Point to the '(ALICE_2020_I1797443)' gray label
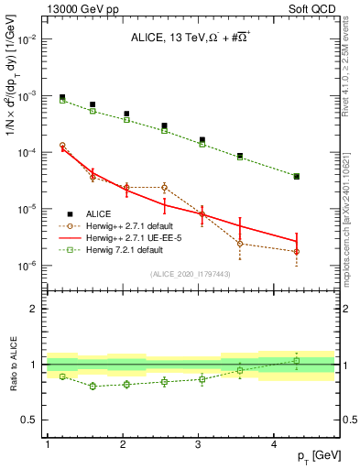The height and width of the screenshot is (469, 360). coord(190,274)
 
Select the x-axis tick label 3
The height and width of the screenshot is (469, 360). coord(199,443)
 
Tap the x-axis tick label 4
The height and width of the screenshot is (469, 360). coord(274,443)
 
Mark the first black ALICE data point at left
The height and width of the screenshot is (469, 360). coord(62,97)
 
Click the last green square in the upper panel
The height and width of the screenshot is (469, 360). coord(297,177)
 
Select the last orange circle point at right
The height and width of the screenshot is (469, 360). coord(297,252)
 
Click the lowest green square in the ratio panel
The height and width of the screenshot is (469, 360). coord(93,387)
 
